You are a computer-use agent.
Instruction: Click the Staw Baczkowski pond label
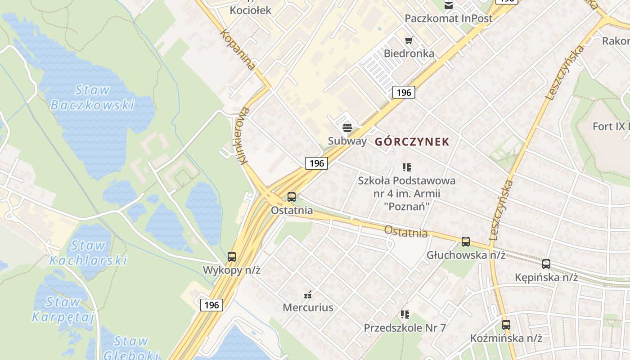92,97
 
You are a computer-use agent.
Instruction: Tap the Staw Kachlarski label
88,253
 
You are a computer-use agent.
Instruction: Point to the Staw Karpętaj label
63,309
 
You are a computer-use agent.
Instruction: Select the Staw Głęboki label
131,347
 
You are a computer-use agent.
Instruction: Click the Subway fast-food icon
347,128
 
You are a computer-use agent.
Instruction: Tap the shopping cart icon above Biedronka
409,40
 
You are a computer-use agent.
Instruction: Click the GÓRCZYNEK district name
412,142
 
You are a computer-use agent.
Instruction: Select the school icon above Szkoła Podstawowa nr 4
407,167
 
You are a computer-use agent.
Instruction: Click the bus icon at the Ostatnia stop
292,197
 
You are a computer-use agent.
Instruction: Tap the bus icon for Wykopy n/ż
232,257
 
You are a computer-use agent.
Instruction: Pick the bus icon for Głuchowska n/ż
466,242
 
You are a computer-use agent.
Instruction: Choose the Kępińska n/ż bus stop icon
546,264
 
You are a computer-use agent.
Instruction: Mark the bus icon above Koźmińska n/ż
506,324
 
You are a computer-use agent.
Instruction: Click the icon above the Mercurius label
308,295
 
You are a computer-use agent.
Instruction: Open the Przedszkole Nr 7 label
405,328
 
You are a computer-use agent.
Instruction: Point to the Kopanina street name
238,49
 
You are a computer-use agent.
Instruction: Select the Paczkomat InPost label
448,18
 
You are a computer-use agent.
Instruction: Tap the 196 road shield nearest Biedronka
404,93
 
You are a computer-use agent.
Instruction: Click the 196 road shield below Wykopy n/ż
211,305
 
